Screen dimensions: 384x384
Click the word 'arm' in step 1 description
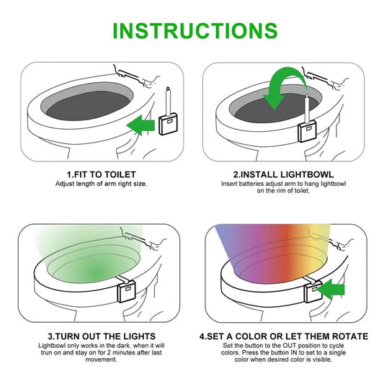(x=105, y=184)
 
